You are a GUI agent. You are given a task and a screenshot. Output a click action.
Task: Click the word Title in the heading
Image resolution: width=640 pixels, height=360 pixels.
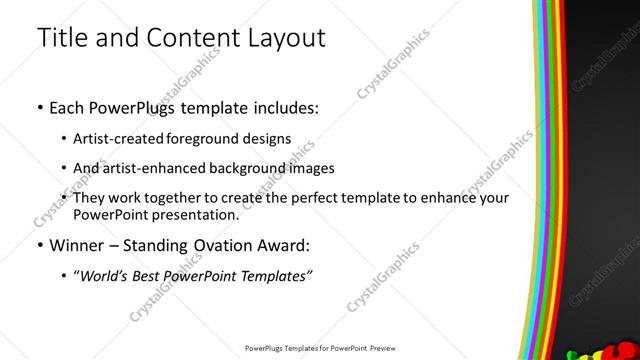tap(61, 38)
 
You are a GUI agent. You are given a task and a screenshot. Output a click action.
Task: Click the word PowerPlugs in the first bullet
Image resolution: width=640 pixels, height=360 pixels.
tap(131, 107)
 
